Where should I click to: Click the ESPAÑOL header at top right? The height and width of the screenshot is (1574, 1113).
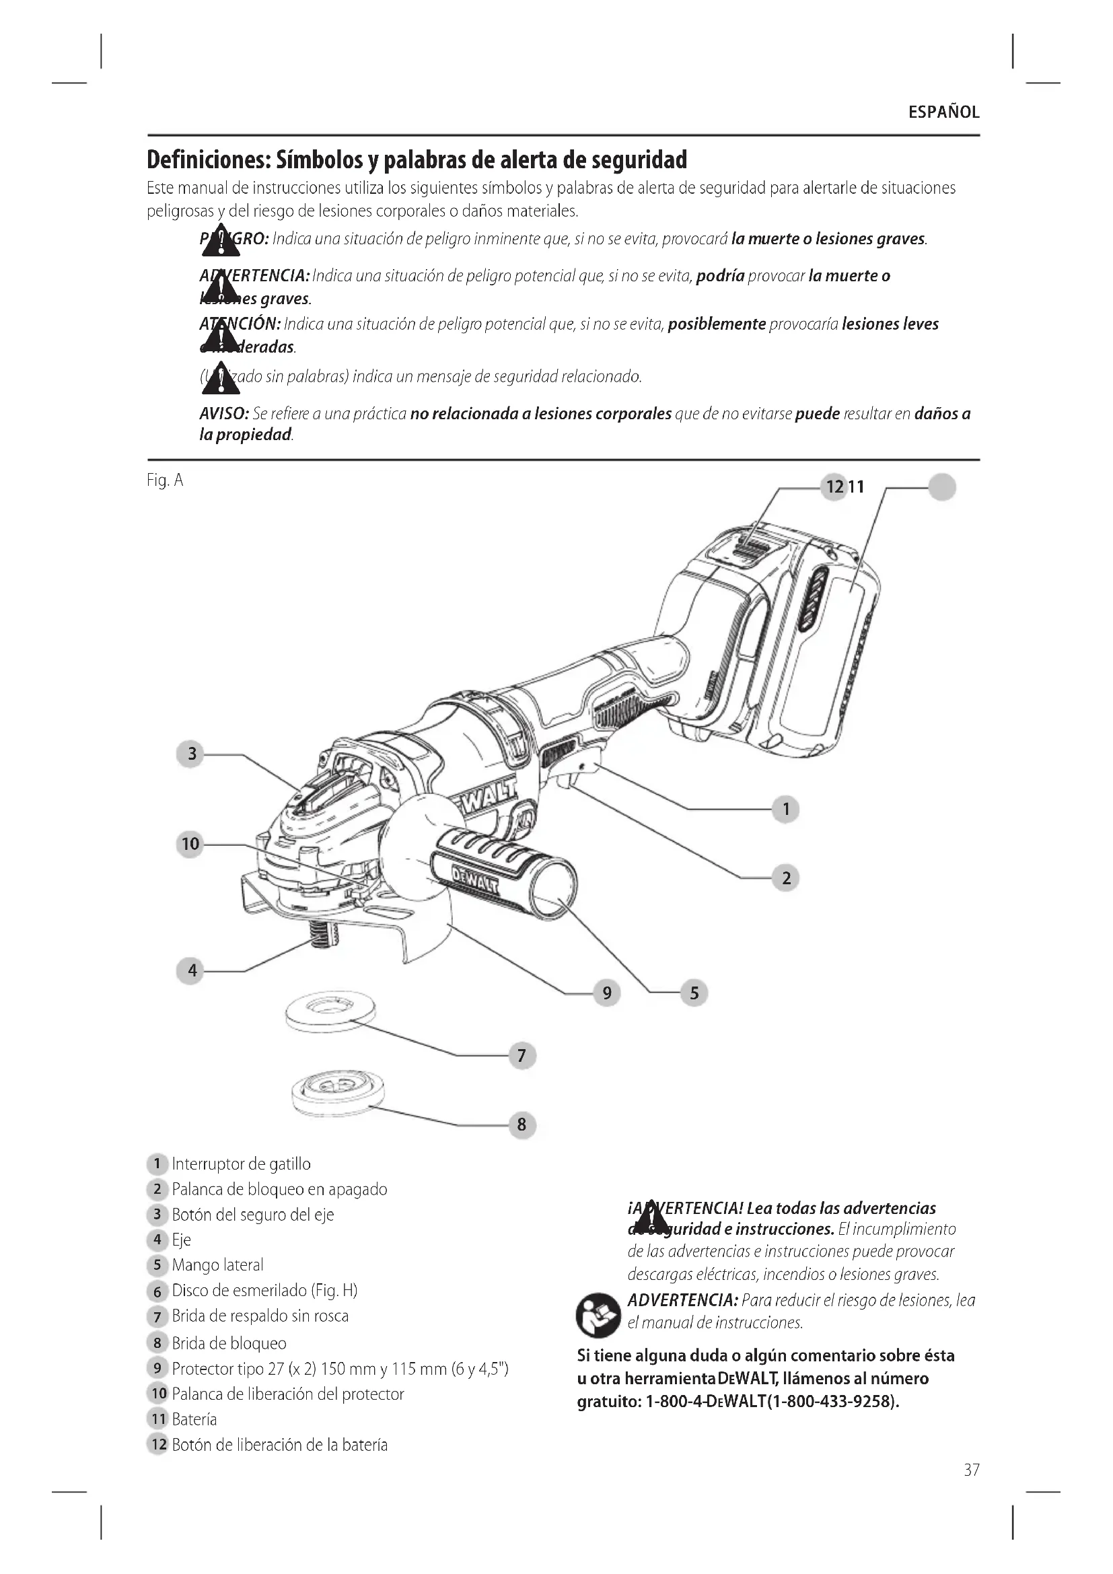point(943,112)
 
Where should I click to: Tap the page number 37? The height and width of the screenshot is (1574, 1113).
point(971,1469)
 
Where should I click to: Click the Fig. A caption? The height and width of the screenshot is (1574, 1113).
point(164,480)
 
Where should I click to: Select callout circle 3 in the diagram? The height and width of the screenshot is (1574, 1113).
point(191,754)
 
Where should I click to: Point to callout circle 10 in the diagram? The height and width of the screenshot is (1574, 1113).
point(190,844)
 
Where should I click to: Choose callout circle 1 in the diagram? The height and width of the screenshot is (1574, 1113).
point(785,809)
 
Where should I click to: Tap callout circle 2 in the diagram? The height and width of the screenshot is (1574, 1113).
point(785,878)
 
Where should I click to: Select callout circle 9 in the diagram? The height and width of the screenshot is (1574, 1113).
point(606,993)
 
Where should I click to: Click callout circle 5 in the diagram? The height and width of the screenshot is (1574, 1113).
point(694,993)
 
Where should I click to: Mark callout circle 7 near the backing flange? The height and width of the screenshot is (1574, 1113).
point(522,1055)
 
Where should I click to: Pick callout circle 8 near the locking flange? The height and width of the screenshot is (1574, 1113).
point(522,1124)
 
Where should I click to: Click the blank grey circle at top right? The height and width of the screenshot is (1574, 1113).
point(941,487)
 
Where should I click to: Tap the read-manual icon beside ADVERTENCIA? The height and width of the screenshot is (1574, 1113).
point(598,1316)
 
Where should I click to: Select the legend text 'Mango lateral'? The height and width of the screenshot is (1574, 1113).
point(217,1265)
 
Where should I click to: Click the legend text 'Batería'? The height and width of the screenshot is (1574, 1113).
point(194,1419)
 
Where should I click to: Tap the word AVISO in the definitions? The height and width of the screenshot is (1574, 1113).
point(223,414)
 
